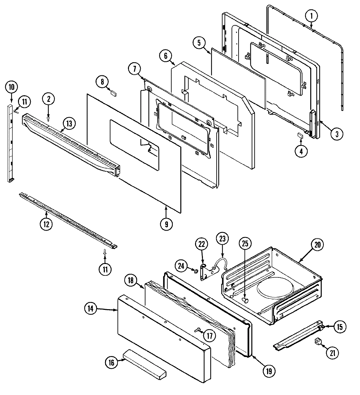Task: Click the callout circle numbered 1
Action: [311, 15]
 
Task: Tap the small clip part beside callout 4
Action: [300, 135]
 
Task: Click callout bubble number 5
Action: [201, 43]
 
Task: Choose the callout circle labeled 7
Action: [135, 69]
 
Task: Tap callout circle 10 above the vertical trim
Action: [11, 87]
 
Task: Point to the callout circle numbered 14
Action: [91, 309]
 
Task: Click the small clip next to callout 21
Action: [317, 341]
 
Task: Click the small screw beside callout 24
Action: [196, 271]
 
